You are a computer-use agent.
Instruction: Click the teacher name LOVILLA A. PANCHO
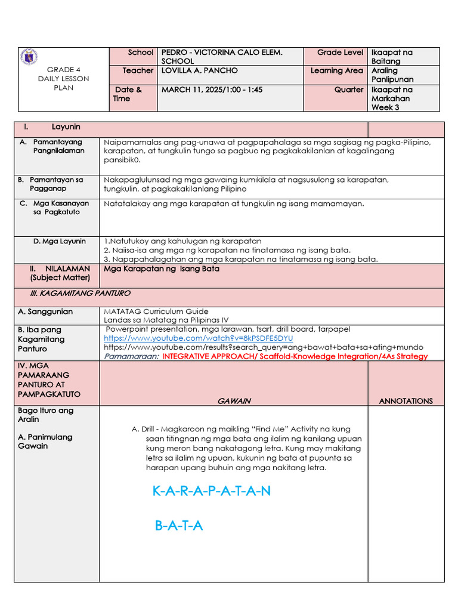199,70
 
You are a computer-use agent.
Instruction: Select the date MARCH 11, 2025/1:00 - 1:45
212,90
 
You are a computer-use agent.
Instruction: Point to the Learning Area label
336,70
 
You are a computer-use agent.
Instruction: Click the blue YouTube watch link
198,338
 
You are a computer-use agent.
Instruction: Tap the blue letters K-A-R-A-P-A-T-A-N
211,491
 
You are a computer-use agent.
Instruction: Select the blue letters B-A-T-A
179,526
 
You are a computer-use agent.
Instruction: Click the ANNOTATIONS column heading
406,401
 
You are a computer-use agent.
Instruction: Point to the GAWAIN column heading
234,401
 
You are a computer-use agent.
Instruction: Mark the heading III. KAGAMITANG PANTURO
80,294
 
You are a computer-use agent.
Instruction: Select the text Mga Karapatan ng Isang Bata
162,269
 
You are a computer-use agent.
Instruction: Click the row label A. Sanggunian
45,311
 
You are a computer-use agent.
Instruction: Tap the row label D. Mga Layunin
60,241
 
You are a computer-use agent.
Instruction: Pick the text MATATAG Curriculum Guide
156,311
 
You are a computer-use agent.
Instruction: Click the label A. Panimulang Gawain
45,441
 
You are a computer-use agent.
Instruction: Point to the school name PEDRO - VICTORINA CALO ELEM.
222,53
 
